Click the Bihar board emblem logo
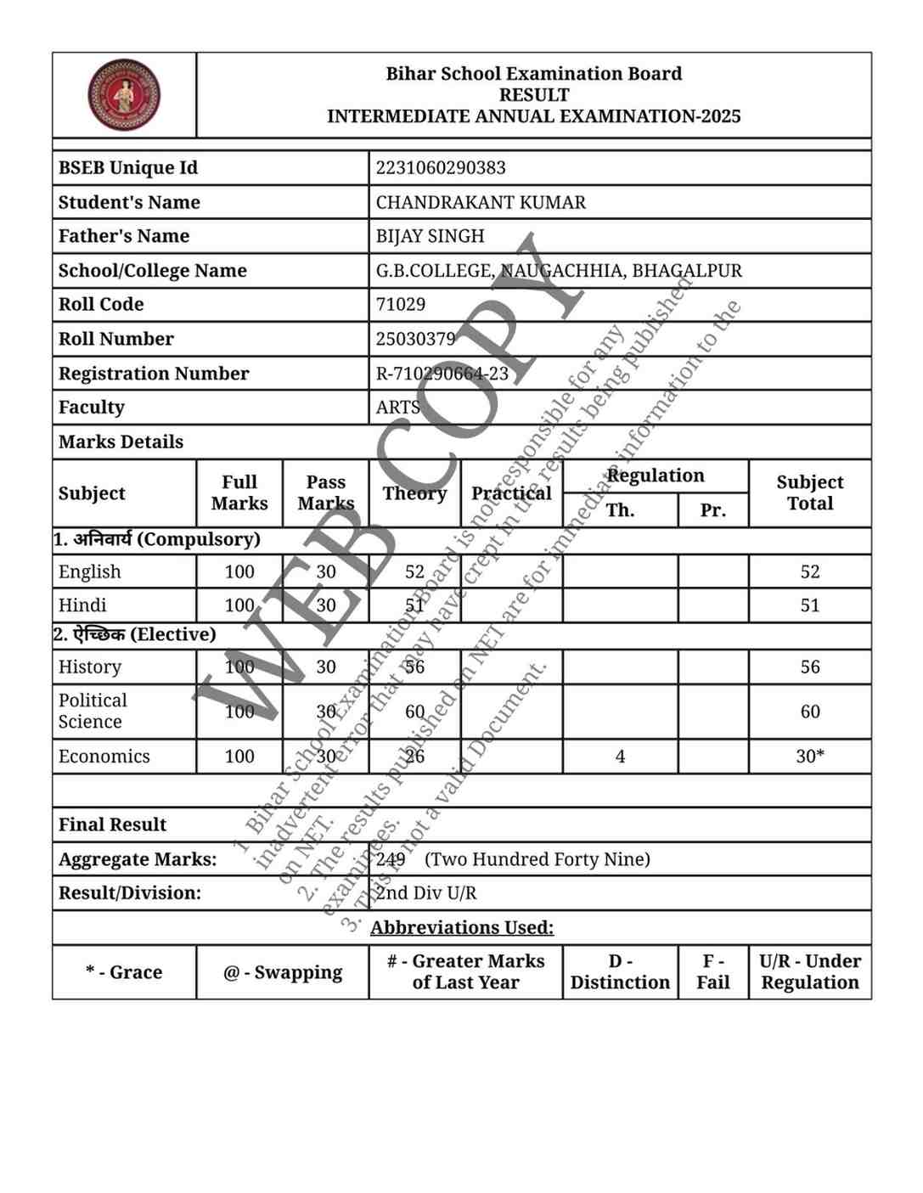(124, 95)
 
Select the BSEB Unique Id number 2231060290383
(440, 168)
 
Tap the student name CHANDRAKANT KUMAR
(481, 202)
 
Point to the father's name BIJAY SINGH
(430, 236)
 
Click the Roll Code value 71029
(401, 304)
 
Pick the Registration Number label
(154, 374)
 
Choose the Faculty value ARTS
(398, 408)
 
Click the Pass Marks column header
(326, 493)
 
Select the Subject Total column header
(809, 493)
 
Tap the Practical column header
(511, 493)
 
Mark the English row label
(90, 572)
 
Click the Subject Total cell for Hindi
(809, 605)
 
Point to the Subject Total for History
(809, 667)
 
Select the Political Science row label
(93, 712)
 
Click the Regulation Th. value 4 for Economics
(620, 757)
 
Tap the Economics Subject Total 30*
(809, 757)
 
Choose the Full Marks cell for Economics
(239, 757)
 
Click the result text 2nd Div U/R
(426, 893)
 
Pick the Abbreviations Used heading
(462, 928)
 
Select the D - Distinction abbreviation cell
(620, 972)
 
